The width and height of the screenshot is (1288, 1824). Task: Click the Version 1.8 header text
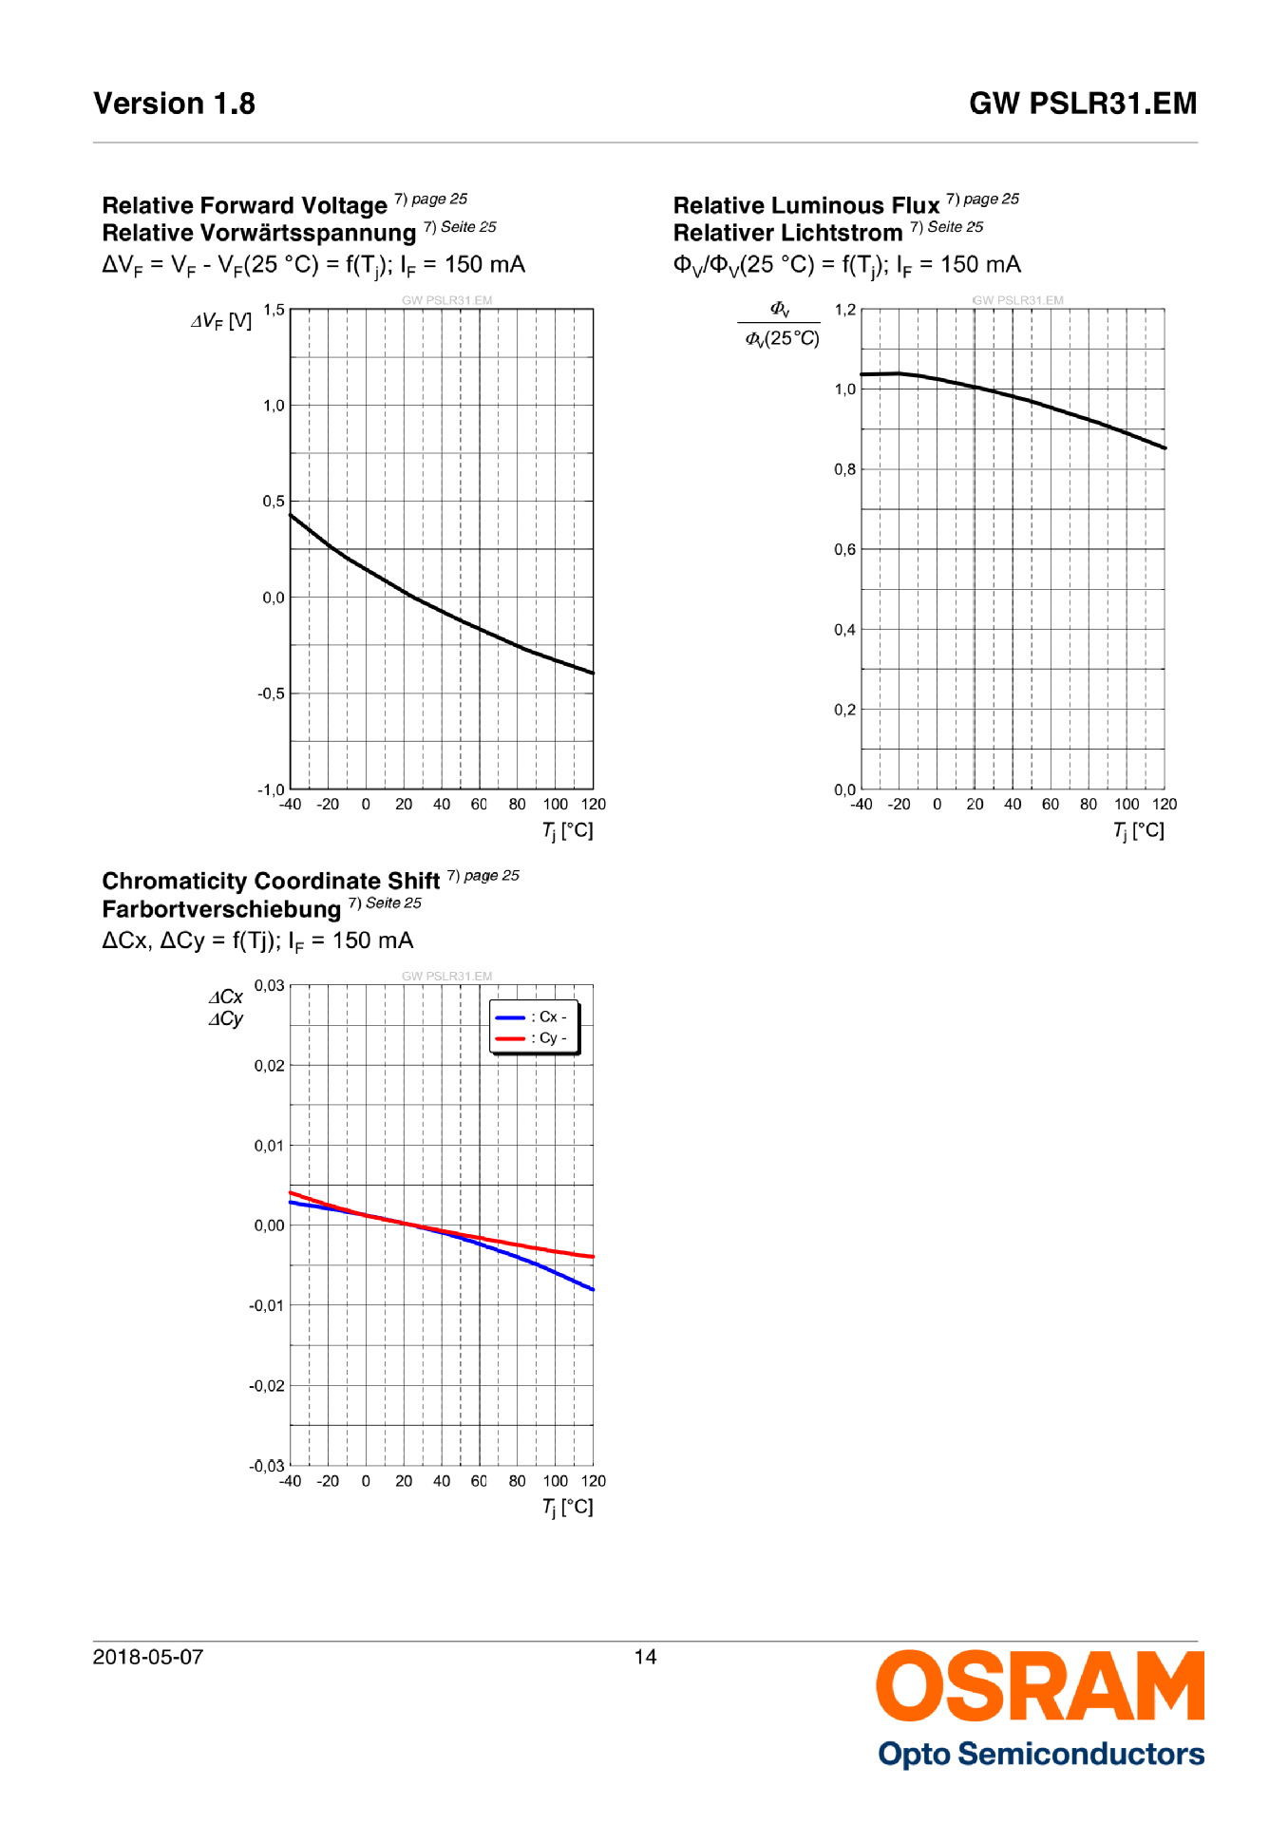click(174, 104)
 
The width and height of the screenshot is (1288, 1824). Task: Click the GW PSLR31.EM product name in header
click(1082, 104)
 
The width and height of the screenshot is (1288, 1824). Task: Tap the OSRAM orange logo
click(1039, 1686)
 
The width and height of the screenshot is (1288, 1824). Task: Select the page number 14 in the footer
click(645, 1657)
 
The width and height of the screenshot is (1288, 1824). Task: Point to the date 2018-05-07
click(147, 1657)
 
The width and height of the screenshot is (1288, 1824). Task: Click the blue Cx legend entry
click(531, 1016)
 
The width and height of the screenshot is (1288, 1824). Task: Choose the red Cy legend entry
click(531, 1038)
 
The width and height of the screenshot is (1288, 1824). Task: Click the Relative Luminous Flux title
click(805, 206)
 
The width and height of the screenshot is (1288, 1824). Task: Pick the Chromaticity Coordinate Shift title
click(271, 882)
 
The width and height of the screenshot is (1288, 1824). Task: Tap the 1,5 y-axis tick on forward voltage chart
click(274, 310)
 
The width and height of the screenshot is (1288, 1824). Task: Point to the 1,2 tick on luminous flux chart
click(844, 310)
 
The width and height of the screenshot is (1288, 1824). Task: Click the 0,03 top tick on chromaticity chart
click(269, 985)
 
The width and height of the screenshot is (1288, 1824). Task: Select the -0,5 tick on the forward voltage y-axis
click(271, 693)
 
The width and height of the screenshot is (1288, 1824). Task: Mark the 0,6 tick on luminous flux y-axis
click(844, 549)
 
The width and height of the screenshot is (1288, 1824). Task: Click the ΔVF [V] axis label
click(221, 321)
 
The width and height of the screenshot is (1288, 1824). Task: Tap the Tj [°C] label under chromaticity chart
click(567, 1507)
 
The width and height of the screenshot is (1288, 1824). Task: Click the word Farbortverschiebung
click(221, 910)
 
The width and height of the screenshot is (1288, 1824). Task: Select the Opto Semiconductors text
click(1041, 1754)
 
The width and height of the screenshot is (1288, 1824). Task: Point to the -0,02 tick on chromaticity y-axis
click(267, 1386)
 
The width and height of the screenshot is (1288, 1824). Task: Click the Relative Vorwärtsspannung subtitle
click(259, 234)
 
